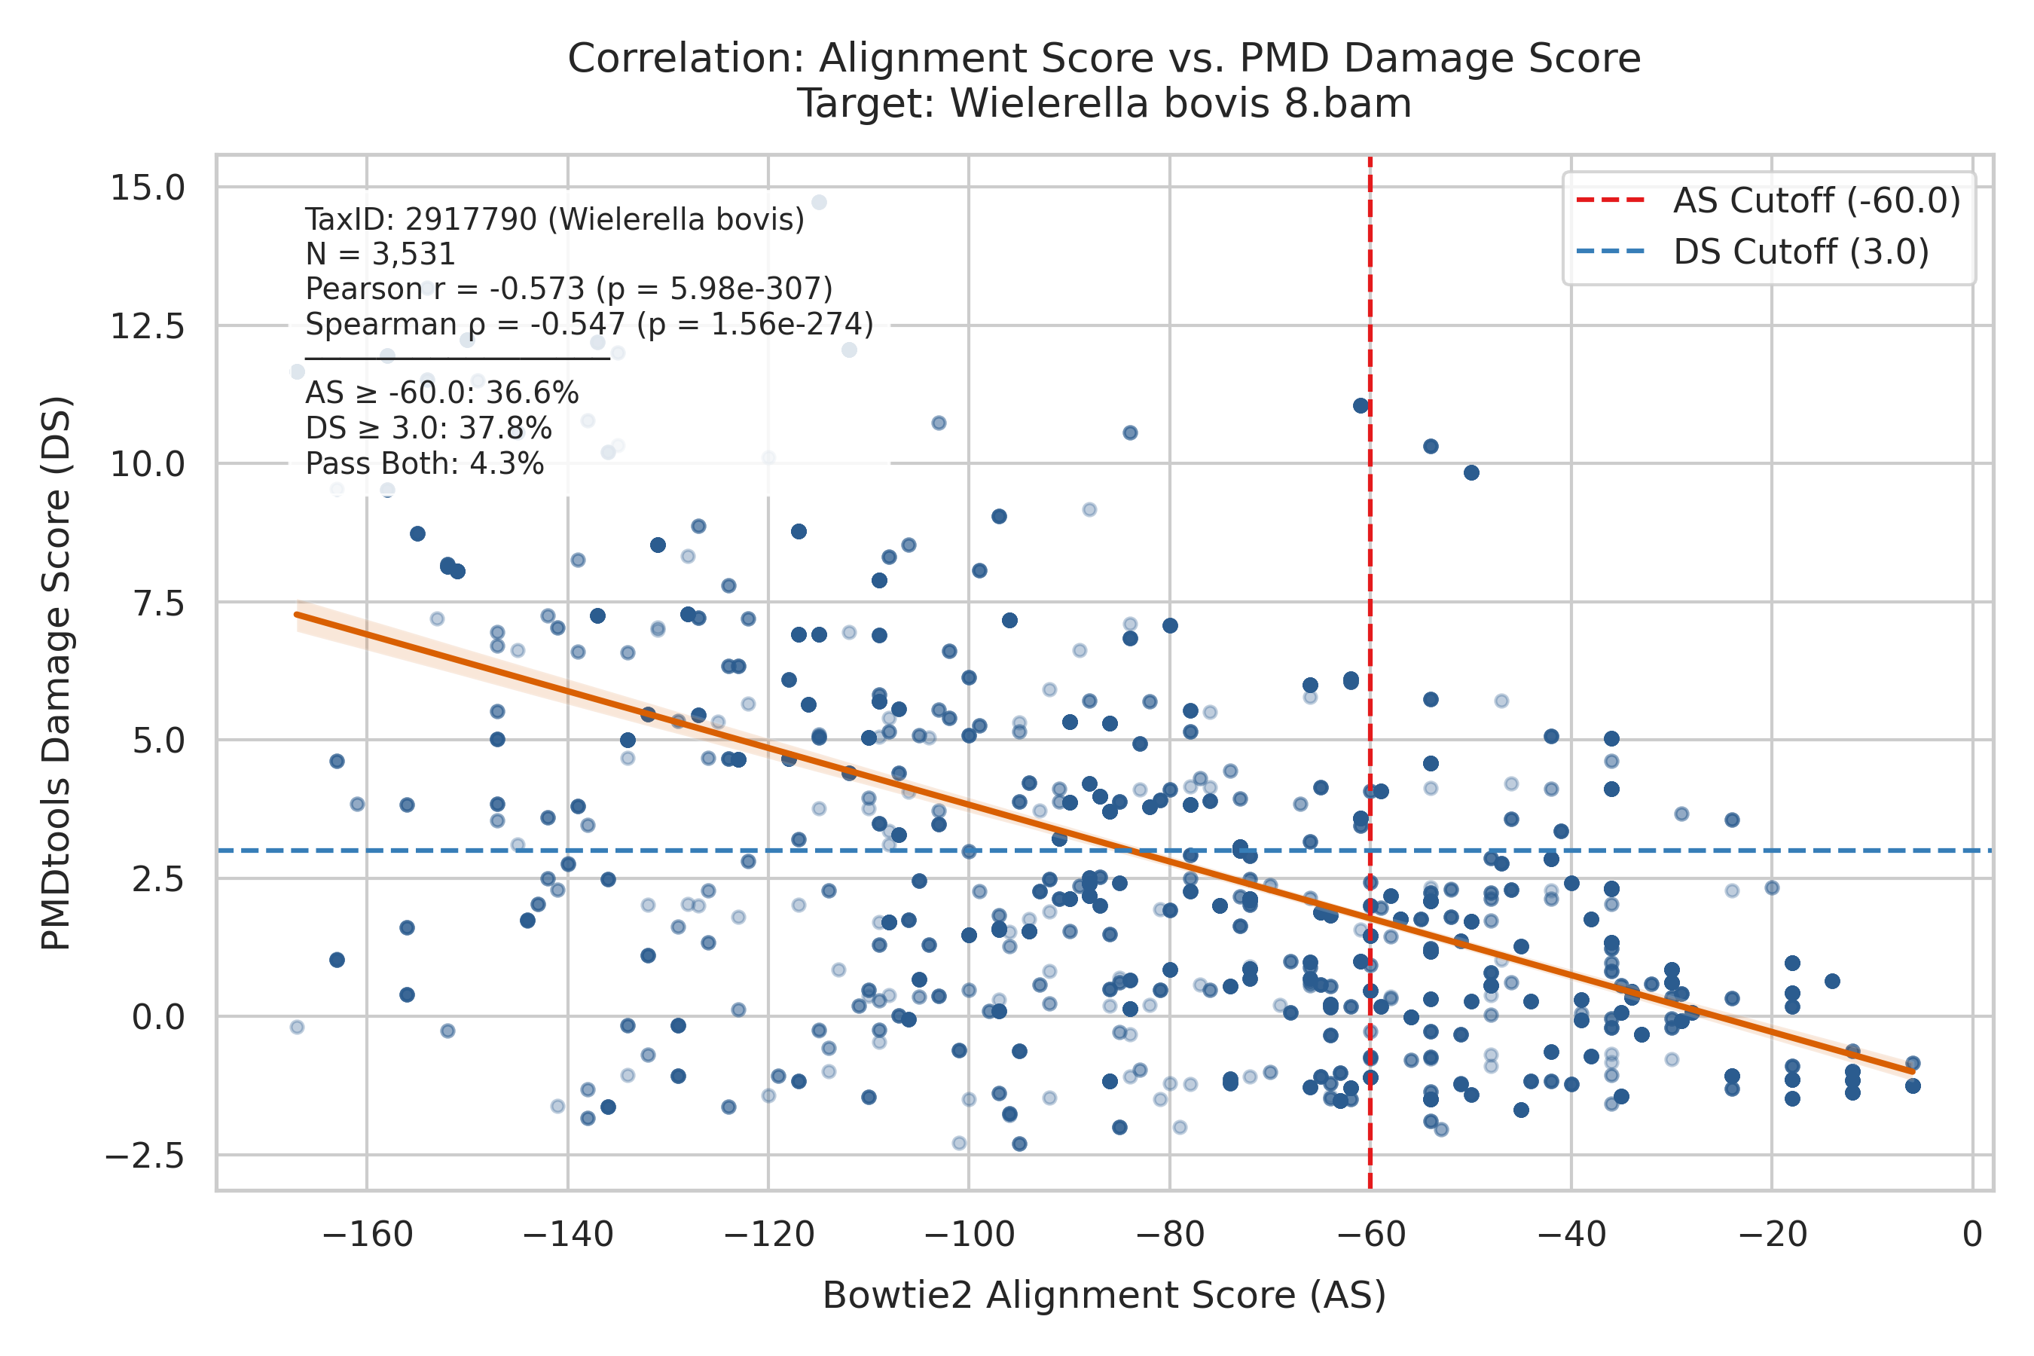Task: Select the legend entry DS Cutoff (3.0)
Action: point(1752,252)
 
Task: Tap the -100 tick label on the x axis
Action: point(969,1234)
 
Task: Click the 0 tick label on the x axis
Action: point(1972,1234)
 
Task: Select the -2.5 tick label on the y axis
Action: point(145,1156)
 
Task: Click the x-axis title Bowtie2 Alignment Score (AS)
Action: point(1104,1296)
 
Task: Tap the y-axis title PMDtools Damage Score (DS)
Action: point(56,673)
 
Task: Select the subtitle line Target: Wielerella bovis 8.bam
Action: point(1104,104)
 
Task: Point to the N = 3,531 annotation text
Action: point(380,255)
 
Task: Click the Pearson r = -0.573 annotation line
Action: point(569,289)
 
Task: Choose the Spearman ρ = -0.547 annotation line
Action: point(590,324)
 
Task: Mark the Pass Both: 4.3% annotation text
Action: point(425,464)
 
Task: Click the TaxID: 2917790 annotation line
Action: point(555,220)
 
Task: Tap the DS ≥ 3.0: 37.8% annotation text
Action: point(429,429)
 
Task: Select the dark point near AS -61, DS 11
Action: point(1361,405)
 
